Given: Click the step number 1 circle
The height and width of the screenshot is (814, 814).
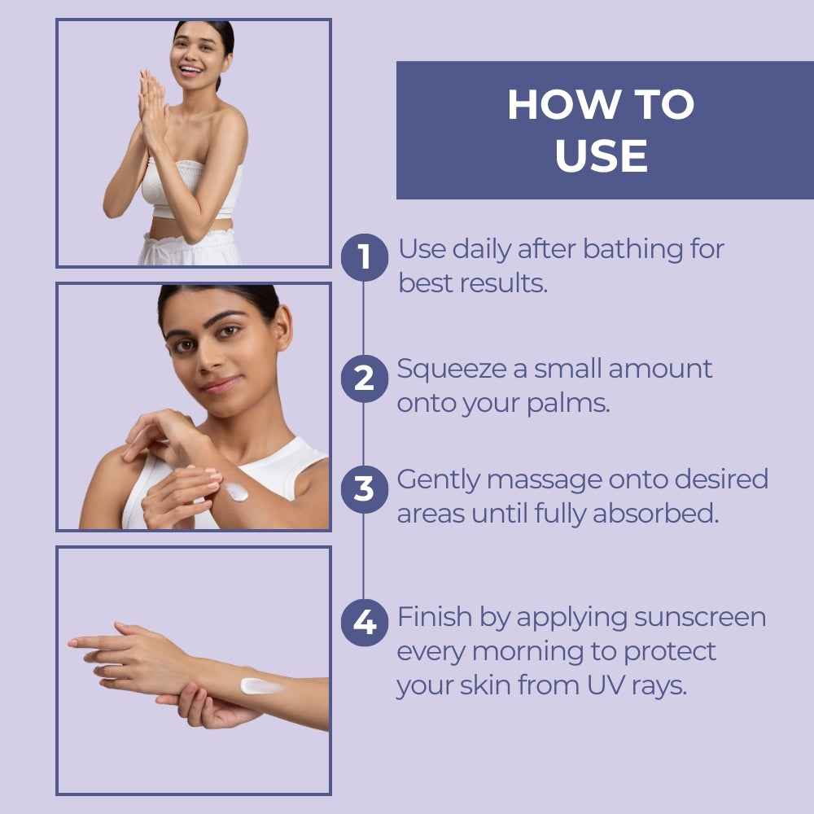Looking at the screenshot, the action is pyautogui.click(x=365, y=257).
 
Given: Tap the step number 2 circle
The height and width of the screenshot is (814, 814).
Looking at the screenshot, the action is pyautogui.click(x=365, y=379).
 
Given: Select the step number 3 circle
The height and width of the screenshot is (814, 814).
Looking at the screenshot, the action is pyautogui.click(x=365, y=489).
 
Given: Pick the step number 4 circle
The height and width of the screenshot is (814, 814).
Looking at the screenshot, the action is pyautogui.click(x=365, y=623).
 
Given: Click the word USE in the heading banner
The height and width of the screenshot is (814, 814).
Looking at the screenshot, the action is pyautogui.click(x=602, y=155).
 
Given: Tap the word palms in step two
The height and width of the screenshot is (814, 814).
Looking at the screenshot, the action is pyautogui.click(x=568, y=405).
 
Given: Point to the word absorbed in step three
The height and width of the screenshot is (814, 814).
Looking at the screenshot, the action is pyautogui.click(x=655, y=514).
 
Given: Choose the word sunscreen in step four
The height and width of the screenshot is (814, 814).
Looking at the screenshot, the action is pyautogui.click(x=700, y=619).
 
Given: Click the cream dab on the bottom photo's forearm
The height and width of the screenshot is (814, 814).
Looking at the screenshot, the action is pyautogui.click(x=260, y=686).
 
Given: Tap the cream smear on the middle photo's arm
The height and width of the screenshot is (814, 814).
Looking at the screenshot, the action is pyautogui.click(x=237, y=492).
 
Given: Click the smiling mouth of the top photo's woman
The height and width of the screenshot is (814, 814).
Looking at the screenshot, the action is pyautogui.click(x=190, y=69).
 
